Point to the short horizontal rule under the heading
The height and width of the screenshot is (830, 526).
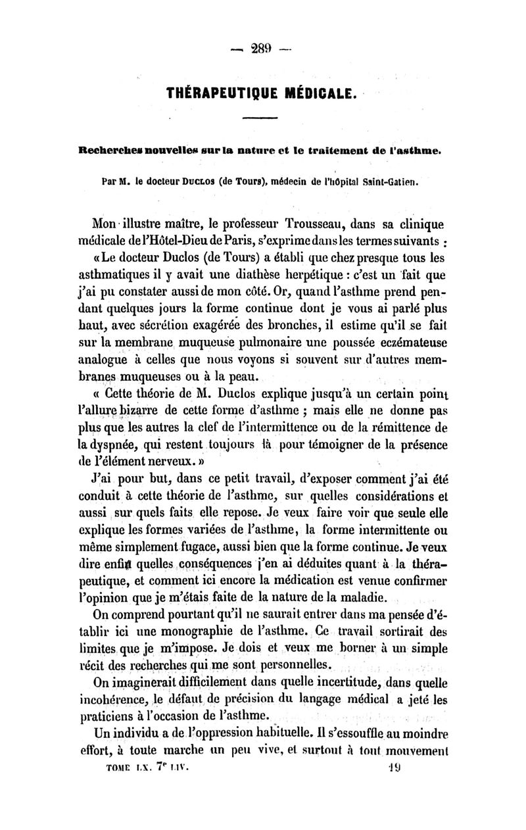pyautogui.click(x=260, y=118)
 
